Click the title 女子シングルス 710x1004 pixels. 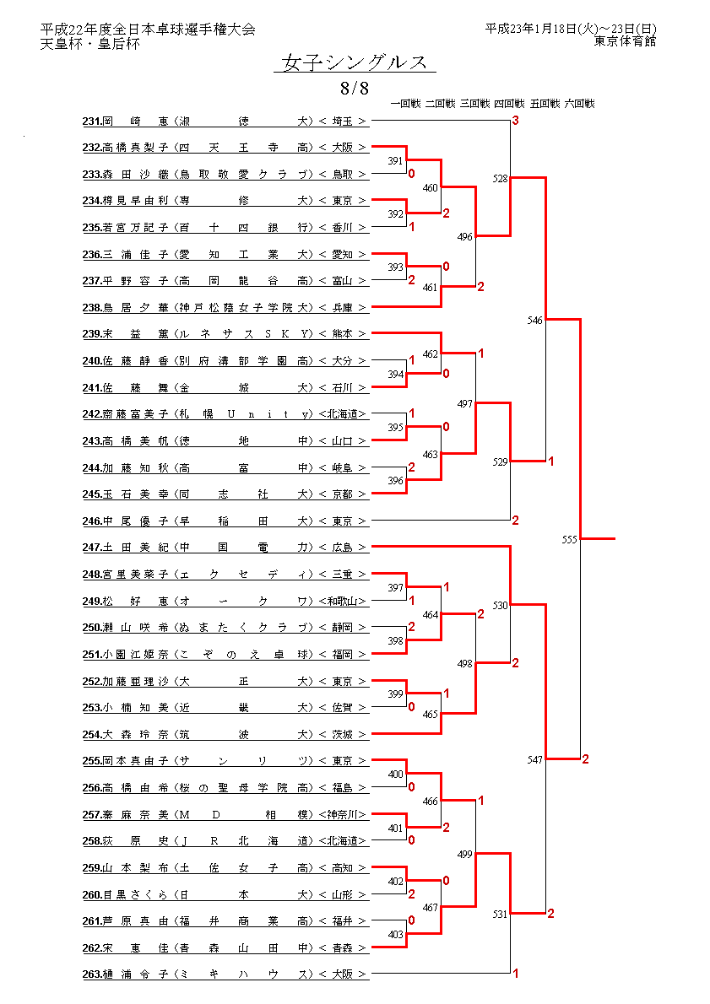point(355,63)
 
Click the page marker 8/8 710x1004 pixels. point(355,88)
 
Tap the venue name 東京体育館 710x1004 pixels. point(625,40)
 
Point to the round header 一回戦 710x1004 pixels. point(406,104)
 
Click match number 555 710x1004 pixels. point(570,538)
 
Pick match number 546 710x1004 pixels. point(535,320)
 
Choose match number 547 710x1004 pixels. point(535,759)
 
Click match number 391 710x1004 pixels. point(395,160)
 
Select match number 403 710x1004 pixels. point(395,934)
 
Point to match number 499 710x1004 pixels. point(465,854)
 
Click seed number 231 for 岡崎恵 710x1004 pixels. point(92,121)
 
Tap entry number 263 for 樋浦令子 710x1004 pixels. point(92,974)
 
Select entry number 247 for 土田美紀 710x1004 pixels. point(92,548)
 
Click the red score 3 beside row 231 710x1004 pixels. point(515,122)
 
